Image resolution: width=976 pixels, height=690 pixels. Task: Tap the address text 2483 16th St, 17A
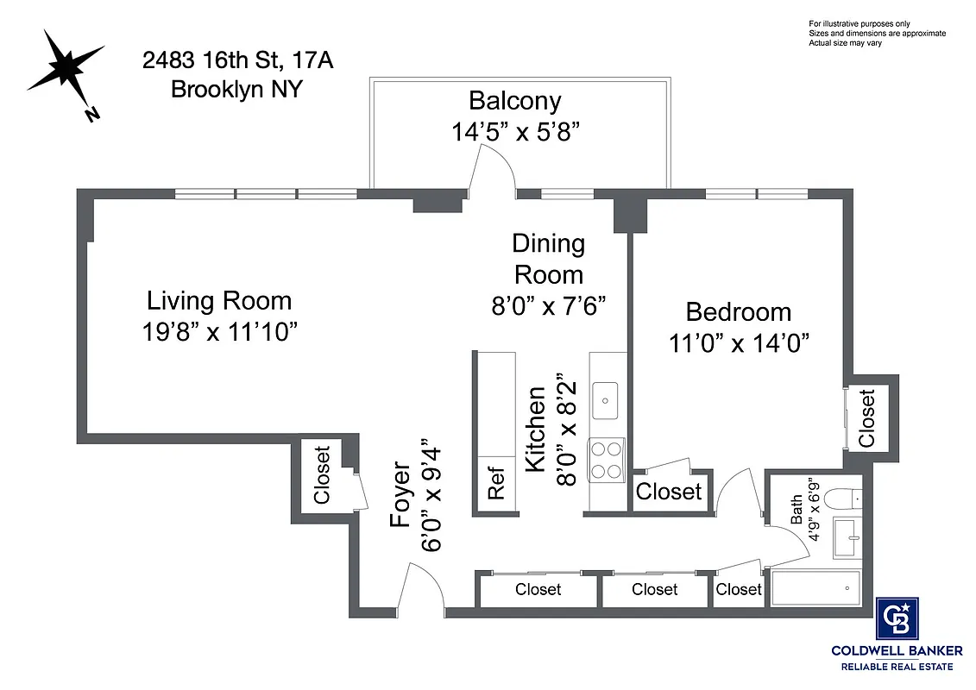(237, 61)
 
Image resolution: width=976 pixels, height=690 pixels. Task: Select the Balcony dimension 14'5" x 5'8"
(514, 132)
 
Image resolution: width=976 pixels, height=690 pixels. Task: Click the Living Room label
(219, 301)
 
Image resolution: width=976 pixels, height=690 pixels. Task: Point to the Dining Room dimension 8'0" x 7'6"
(549, 305)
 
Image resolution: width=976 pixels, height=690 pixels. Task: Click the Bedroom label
(738, 311)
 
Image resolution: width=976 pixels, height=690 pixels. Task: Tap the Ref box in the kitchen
(495, 487)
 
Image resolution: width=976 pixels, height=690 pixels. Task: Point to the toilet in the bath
(839, 499)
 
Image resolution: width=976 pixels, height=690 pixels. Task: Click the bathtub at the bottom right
(815, 589)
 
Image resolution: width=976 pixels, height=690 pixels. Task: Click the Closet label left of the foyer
(322, 474)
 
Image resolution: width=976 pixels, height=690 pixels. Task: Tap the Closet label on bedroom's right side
(866, 418)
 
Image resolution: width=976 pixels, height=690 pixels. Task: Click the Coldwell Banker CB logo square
(897, 618)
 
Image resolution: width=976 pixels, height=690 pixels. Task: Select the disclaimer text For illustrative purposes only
(859, 23)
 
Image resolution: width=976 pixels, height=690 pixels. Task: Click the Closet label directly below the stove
(669, 492)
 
